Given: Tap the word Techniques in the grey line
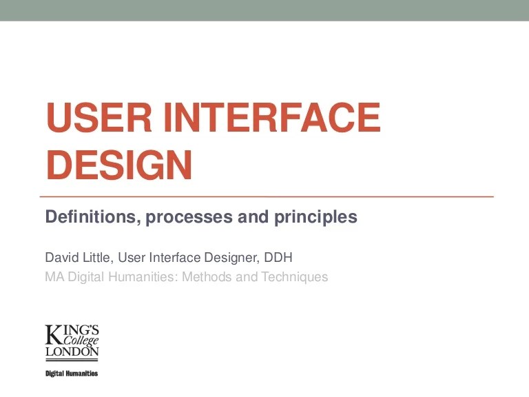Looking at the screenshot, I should tap(295, 278).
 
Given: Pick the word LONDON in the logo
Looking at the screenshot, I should tap(72, 352).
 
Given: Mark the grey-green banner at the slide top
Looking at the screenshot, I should tap(264, 10).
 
